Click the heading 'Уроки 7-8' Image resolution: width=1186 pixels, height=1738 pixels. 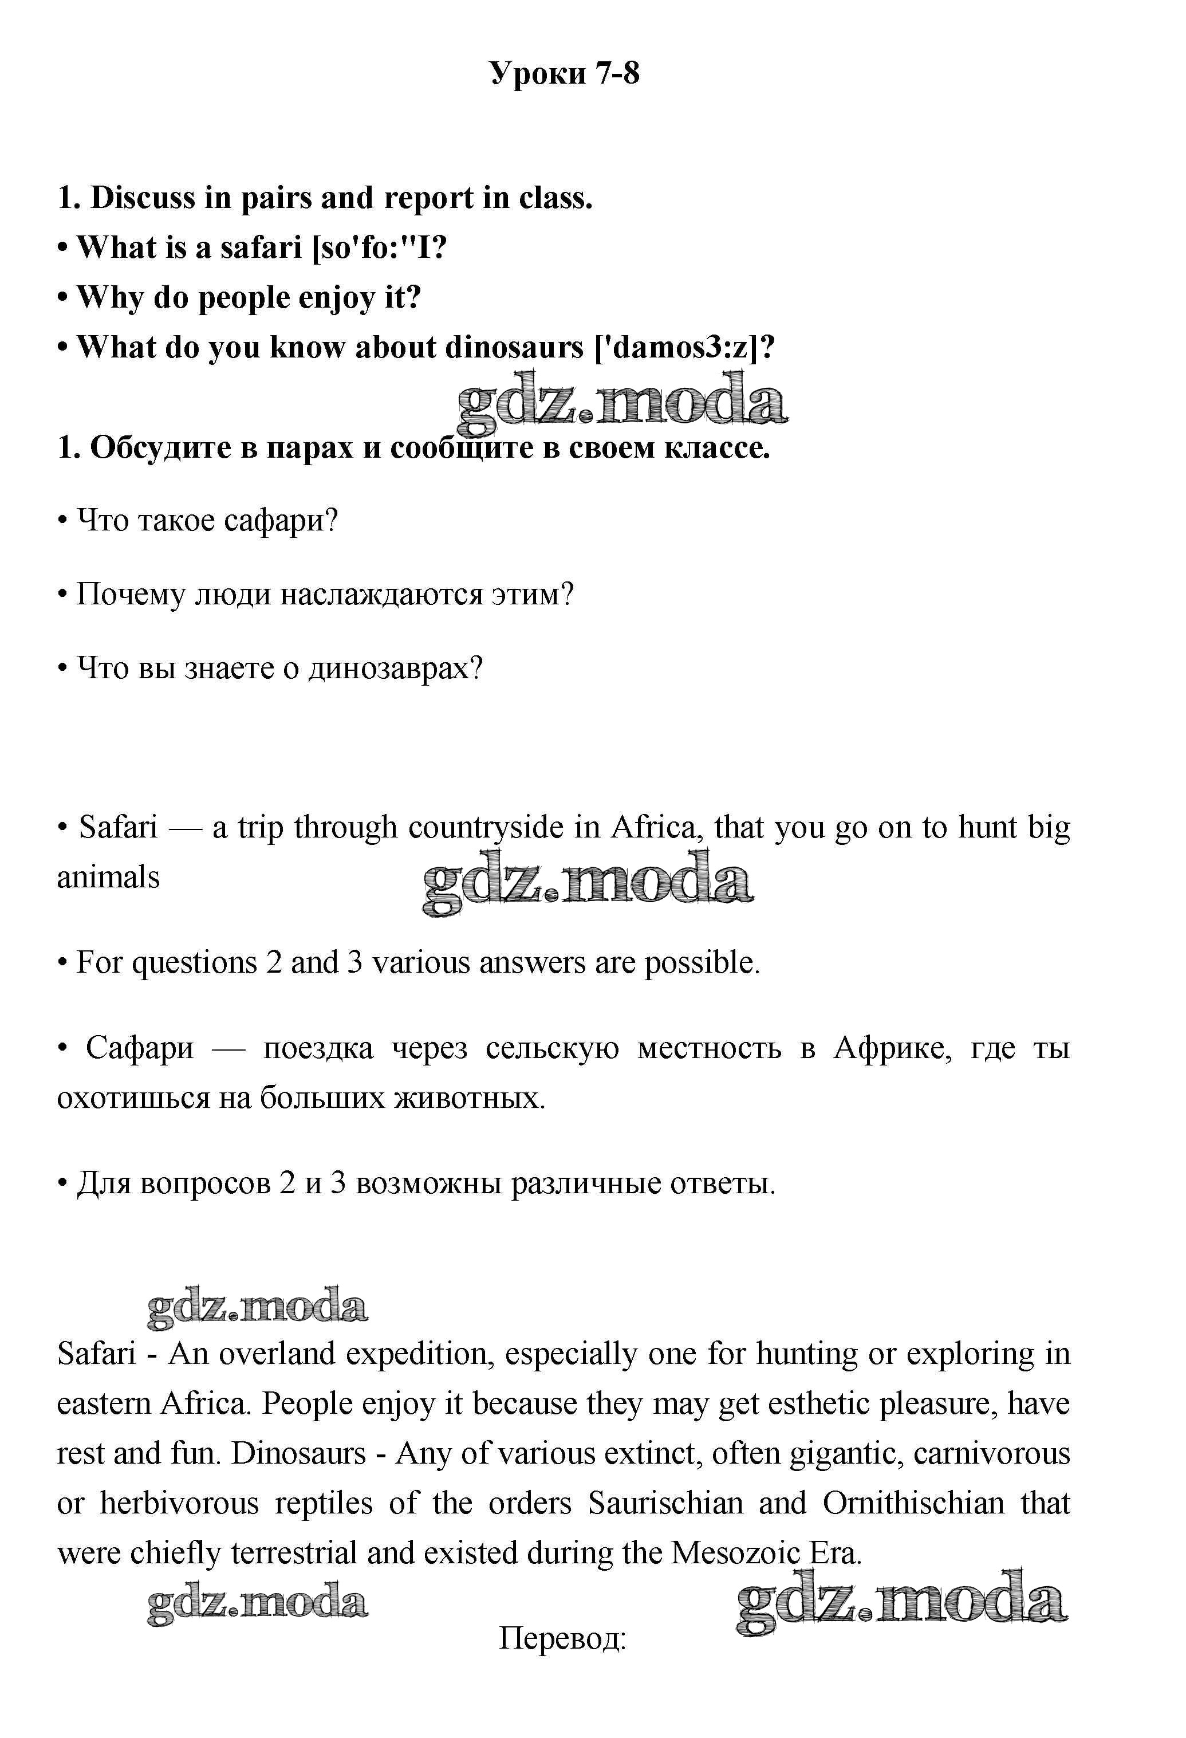point(565,73)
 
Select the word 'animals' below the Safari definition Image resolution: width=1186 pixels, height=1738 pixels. point(108,877)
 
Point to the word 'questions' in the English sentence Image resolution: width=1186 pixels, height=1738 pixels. point(195,962)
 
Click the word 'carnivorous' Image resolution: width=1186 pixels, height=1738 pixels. point(991,1453)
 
